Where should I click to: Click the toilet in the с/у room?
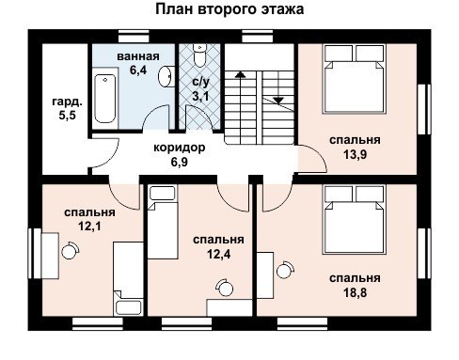tap(199, 55)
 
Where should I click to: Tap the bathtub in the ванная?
tap(105, 99)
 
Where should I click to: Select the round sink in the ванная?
tap(166, 76)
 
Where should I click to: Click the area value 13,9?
tap(355, 154)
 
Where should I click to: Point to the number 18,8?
tap(355, 292)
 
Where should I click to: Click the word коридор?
tap(180, 148)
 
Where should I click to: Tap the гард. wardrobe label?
tap(67, 102)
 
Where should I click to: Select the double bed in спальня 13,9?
tap(355, 79)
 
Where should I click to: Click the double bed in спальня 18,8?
tap(355, 219)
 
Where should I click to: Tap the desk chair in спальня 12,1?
tap(70, 250)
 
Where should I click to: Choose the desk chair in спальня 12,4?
tap(225, 288)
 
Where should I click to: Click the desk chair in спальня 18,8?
tap(285, 270)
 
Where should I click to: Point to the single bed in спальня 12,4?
tap(163, 222)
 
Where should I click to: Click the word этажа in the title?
tap(282, 9)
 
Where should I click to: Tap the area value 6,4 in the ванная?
tap(138, 70)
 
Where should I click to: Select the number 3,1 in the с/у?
tap(200, 96)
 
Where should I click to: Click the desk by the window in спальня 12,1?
tap(50, 256)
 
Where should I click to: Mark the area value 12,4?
tap(218, 254)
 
